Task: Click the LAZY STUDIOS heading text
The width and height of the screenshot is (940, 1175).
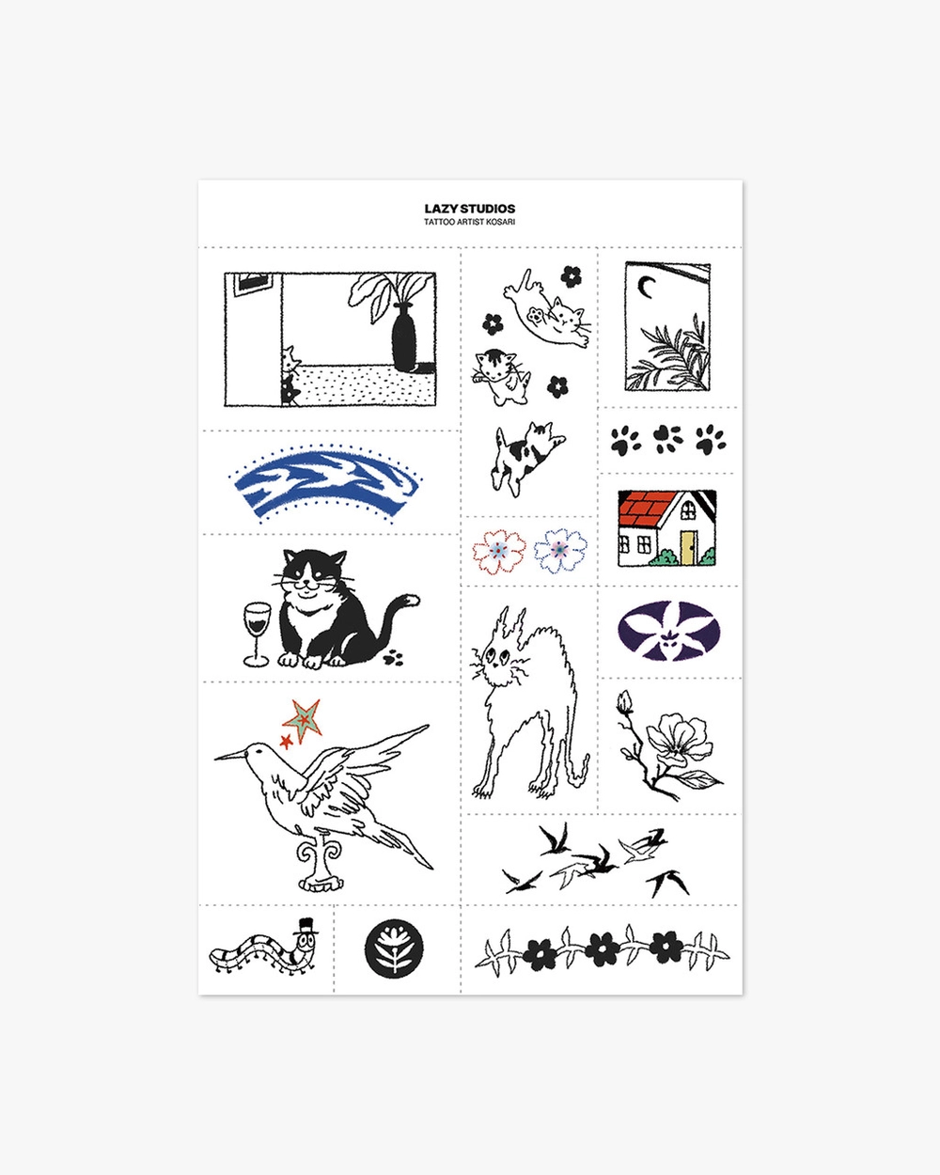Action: [470, 209]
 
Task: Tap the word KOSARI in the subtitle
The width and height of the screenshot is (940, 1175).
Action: [503, 222]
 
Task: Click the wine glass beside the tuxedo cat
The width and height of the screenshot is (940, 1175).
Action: [257, 634]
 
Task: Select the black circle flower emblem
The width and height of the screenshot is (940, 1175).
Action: [394, 948]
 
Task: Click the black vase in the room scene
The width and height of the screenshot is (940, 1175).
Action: [404, 338]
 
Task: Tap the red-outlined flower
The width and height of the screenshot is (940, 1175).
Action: [499, 552]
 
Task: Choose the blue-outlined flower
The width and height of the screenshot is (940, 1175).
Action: [560, 550]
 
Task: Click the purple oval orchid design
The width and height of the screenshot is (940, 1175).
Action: [668, 631]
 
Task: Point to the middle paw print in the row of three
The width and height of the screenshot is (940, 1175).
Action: [668, 438]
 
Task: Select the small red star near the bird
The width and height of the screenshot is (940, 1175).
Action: [286, 742]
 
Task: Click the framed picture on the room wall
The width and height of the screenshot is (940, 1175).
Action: [252, 284]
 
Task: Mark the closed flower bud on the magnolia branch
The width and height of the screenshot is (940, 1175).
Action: [624, 702]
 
